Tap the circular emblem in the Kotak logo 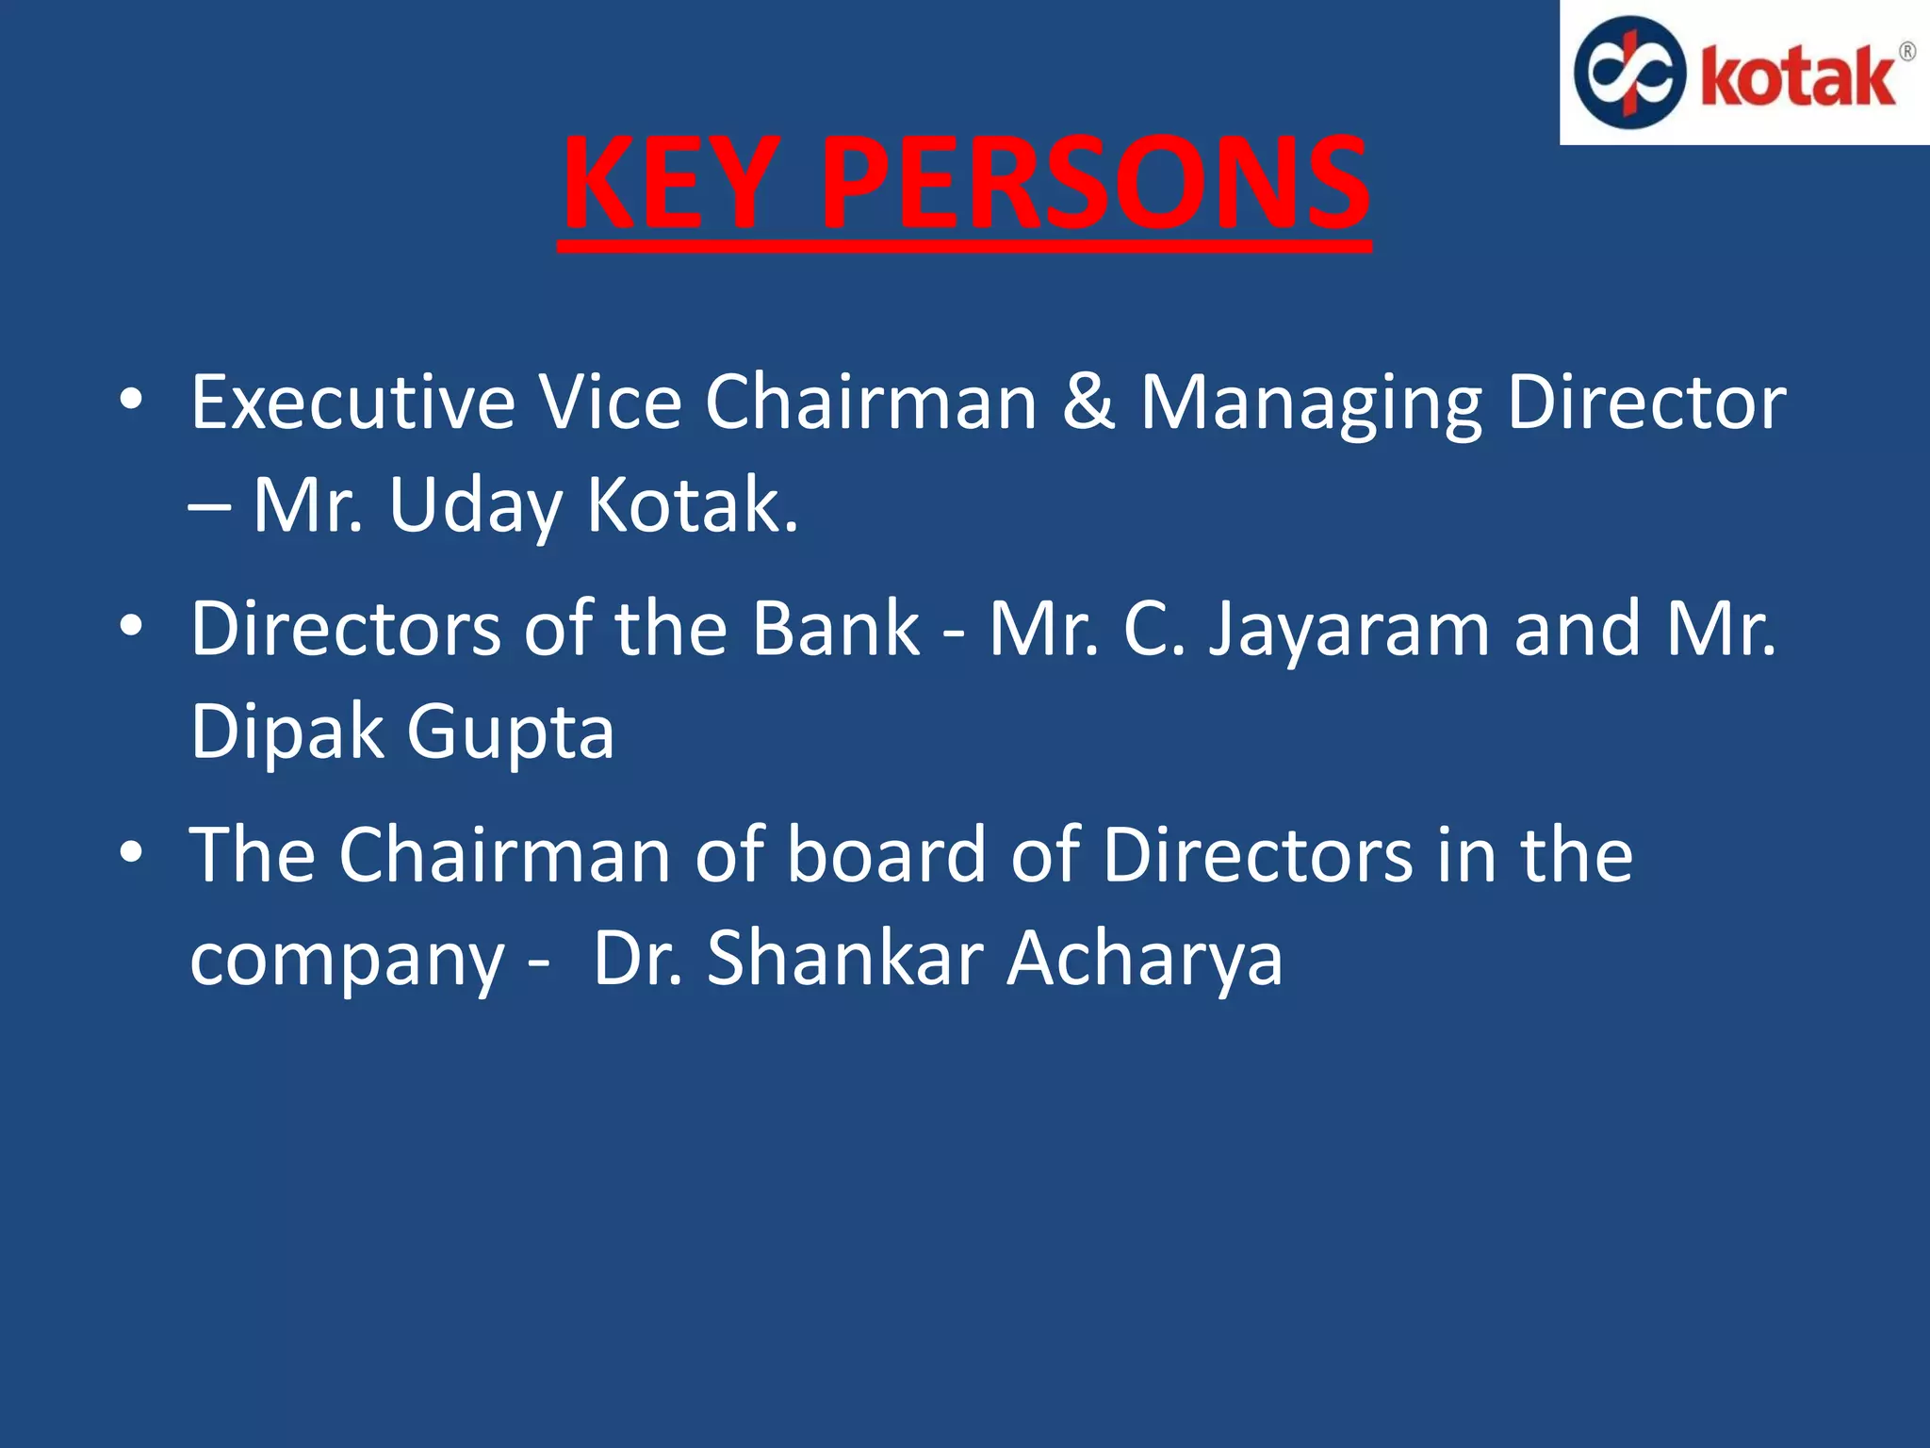pyautogui.click(x=1629, y=73)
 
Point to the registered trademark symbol pyautogui.click(x=1906, y=52)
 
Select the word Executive pyautogui.click(x=352, y=403)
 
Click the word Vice pyautogui.click(x=610, y=403)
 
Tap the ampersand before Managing pyautogui.click(x=1088, y=403)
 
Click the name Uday pyautogui.click(x=474, y=507)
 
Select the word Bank pyautogui.click(x=836, y=629)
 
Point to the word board pyautogui.click(x=886, y=855)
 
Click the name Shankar pyautogui.click(x=844, y=959)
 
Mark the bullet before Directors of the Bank pyautogui.click(x=131, y=626)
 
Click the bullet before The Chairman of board pyautogui.click(x=131, y=852)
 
